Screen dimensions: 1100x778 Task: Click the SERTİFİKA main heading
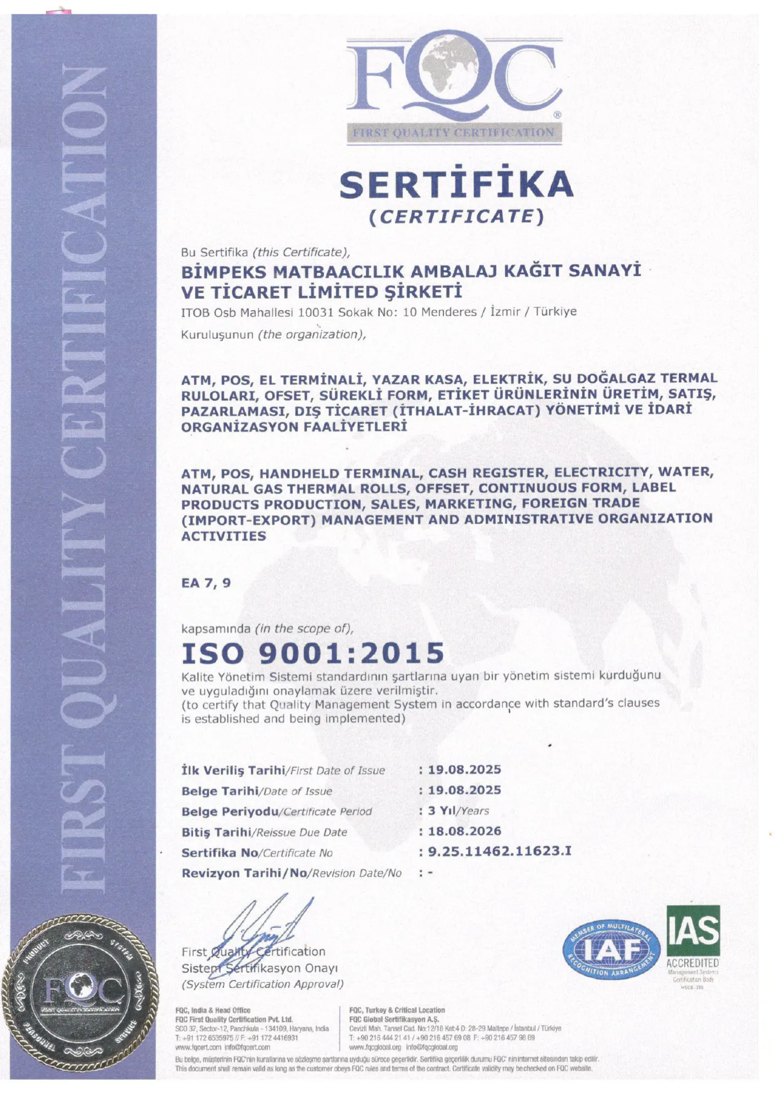(x=456, y=185)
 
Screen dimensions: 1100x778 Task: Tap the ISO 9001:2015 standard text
(x=313, y=653)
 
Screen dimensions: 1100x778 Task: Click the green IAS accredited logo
(x=693, y=932)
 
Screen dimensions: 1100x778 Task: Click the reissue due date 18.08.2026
(x=464, y=831)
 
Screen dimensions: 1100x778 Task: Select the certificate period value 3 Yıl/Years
(x=458, y=811)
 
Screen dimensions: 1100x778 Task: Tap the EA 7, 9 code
(x=206, y=583)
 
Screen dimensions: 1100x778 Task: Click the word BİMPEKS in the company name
(x=223, y=272)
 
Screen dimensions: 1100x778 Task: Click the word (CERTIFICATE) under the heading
(x=456, y=216)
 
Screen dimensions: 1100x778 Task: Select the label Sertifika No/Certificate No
(x=257, y=853)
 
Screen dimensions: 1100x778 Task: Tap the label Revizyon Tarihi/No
(x=292, y=873)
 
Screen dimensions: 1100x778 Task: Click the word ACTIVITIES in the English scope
(x=223, y=536)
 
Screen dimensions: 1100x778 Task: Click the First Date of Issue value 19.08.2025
(x=464, y=769)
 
